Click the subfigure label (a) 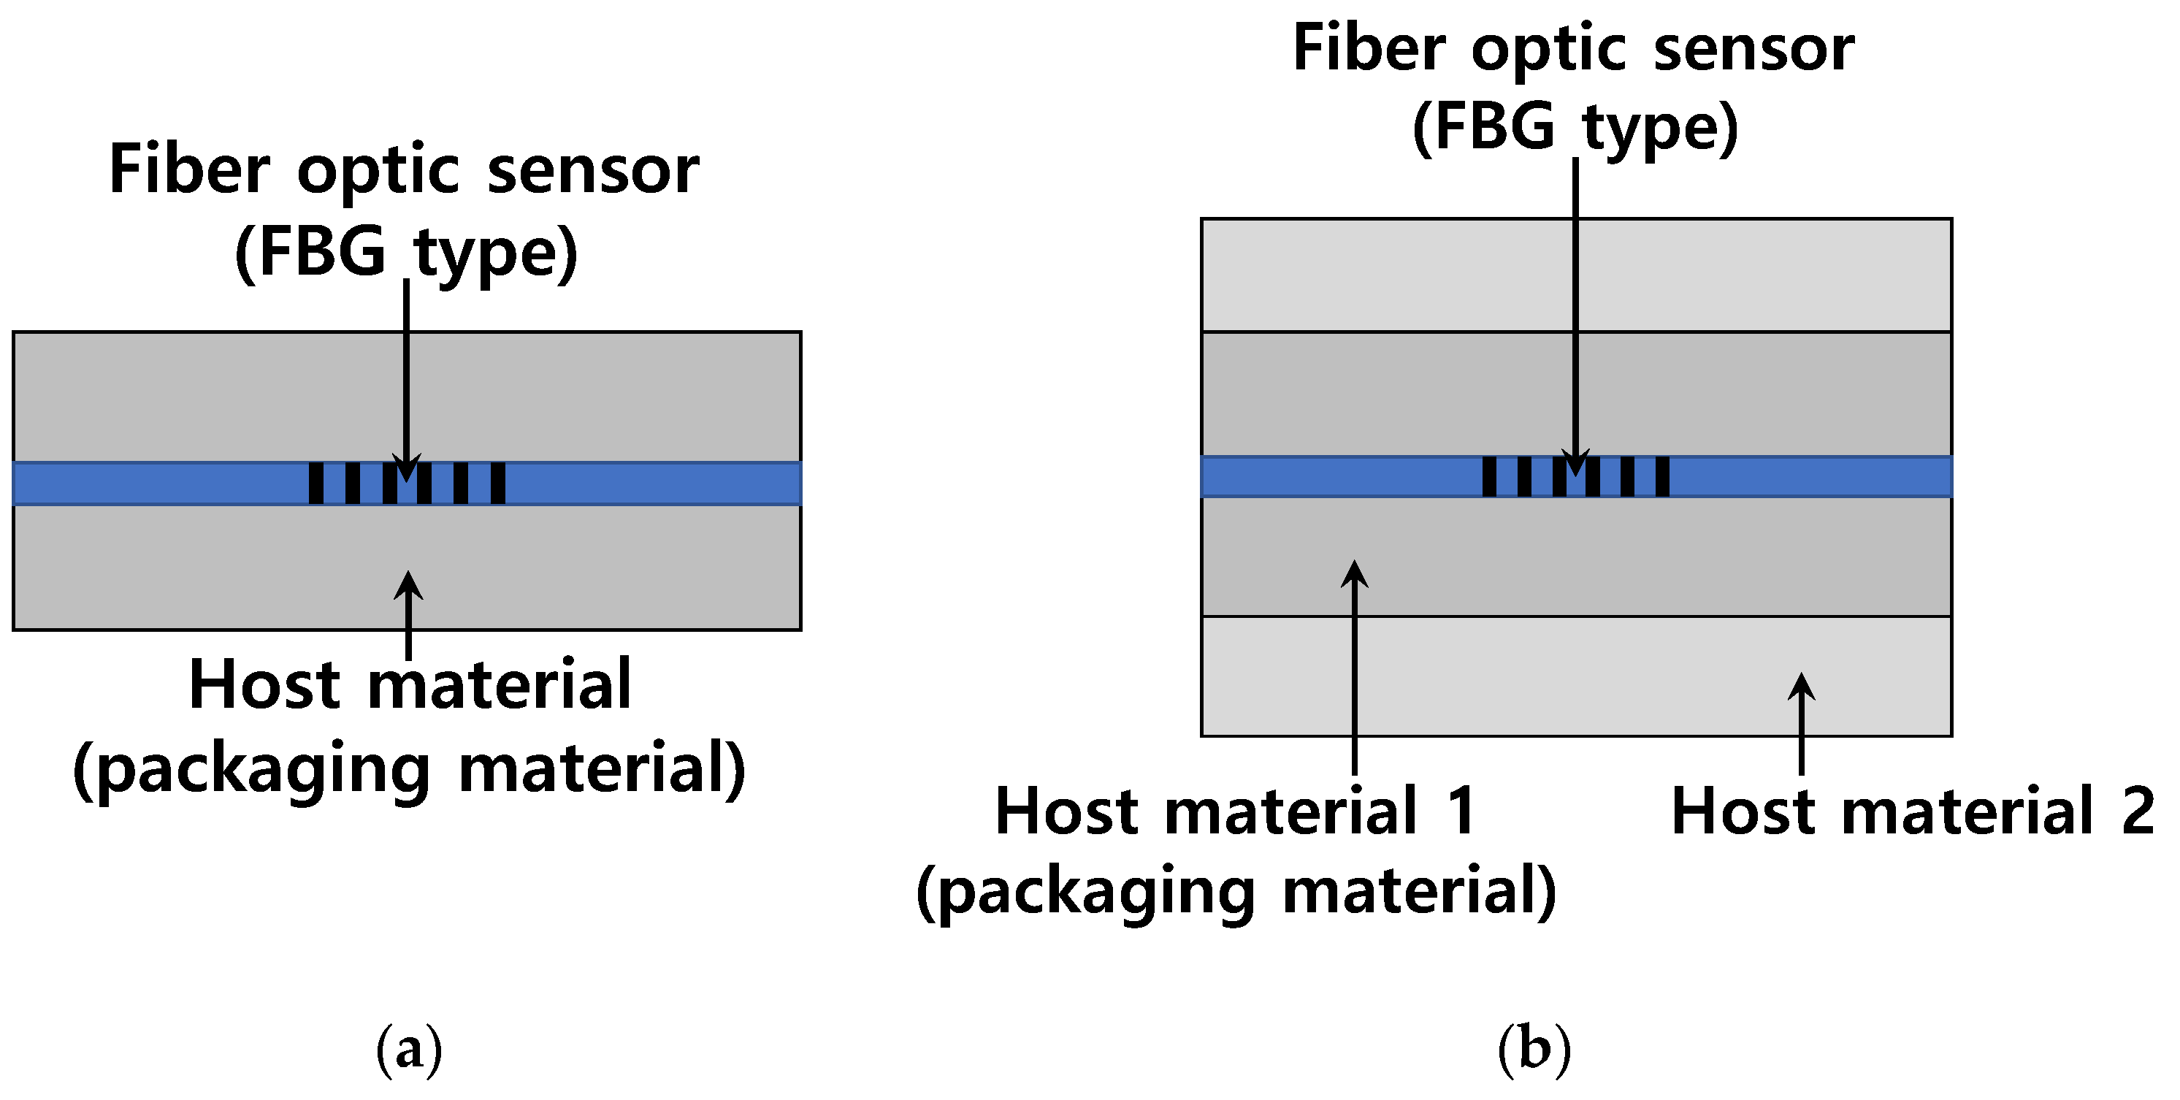point(410,1049)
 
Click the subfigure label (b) point(1534,1049)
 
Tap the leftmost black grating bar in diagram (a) point(315,483)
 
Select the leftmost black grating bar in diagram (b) point(1489,476)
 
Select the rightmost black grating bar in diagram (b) point(1662,476)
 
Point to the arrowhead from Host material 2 point(1801,687)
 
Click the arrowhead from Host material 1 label point(1355,573)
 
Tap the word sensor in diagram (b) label point(1753,48)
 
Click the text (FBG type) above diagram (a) point(406,252)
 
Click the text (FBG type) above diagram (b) point(1575,127)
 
